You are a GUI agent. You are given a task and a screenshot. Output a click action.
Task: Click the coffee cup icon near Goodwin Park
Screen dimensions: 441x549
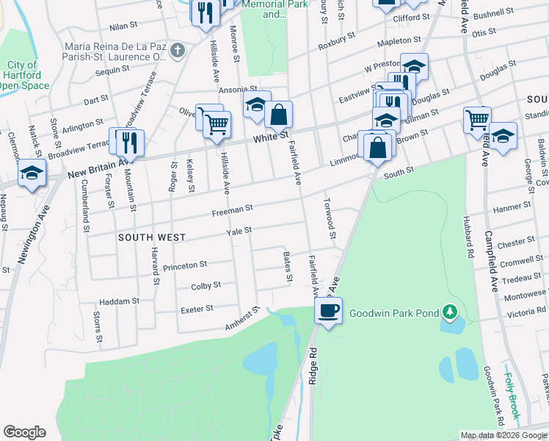[x=329, y=311]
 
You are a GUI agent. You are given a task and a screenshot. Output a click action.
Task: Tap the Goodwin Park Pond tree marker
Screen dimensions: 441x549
[x=450, y=313]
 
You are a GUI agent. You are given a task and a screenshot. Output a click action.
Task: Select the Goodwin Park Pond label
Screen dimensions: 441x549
[x=393, y=313]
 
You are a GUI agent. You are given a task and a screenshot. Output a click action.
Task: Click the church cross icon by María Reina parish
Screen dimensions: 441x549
[x=177, y=51]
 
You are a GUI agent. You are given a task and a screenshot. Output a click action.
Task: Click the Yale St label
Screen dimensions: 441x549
[x=239, y=230]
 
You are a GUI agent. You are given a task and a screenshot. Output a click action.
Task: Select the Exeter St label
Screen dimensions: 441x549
[x=197, y=309]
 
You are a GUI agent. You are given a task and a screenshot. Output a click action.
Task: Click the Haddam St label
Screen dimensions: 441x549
[x=119, y=301]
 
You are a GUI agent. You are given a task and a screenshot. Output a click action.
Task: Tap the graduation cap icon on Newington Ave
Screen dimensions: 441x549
[x=32, y=173]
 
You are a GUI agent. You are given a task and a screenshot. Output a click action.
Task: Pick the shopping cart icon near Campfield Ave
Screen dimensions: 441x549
[x=478, y=118]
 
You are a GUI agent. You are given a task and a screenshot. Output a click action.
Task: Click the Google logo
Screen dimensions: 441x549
[x=25, y=432]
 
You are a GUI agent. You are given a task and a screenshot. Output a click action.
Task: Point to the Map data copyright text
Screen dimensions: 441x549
[x=503, y=435]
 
